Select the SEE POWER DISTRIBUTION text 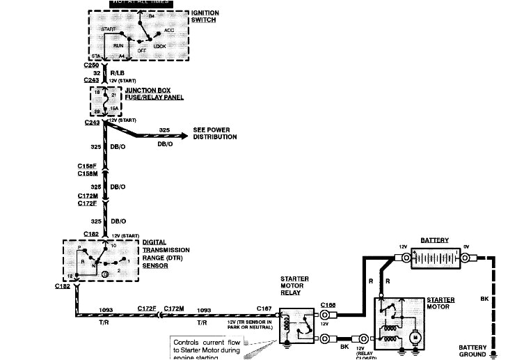coord(214,133)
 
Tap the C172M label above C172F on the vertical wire coord(86,197)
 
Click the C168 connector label coord(328,304)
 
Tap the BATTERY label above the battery coord(434,241)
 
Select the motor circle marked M coord(414,338)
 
